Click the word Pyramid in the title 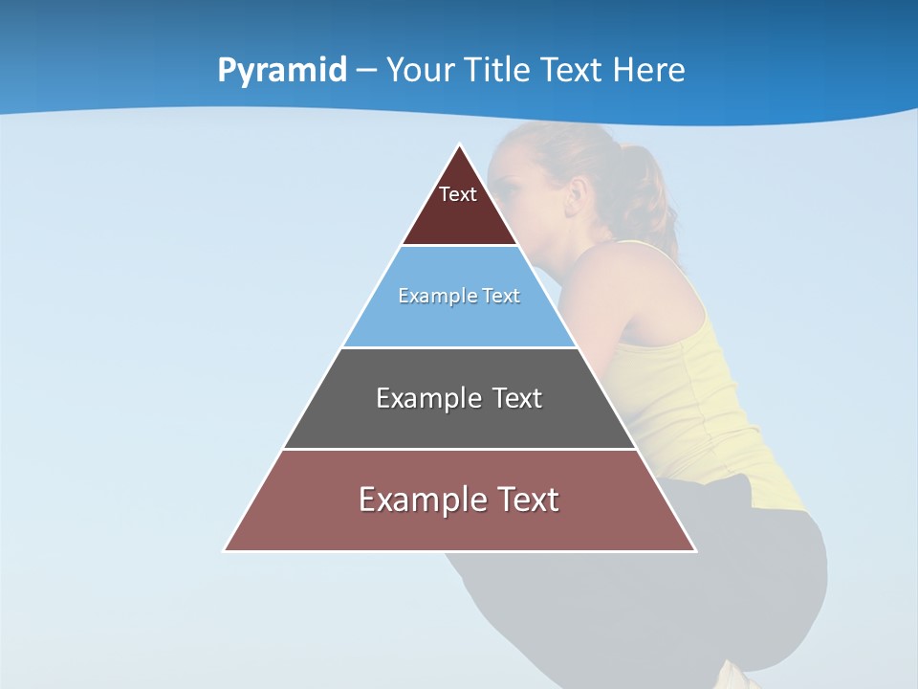(282, 71)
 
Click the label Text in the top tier (458, 194)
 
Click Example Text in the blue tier (459, 296)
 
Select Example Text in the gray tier (459, 398)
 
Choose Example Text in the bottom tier (459, 500)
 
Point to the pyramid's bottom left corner (225, 550)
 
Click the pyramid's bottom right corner (695, 550)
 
